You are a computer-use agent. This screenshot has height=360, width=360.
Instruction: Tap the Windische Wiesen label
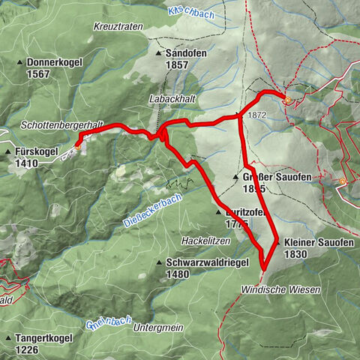[x=280, y=289]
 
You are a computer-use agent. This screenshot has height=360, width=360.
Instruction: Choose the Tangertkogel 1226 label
[x=47, y=343]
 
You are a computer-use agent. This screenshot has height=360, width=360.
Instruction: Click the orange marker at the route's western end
[x=77, y=147]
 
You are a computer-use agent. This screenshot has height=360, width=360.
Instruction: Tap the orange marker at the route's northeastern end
[x=286, y=98]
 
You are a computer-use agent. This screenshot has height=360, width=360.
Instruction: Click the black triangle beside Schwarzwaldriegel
[x=159, y=262]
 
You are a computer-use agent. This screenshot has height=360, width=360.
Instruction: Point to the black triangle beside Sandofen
[x=159, y=54]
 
